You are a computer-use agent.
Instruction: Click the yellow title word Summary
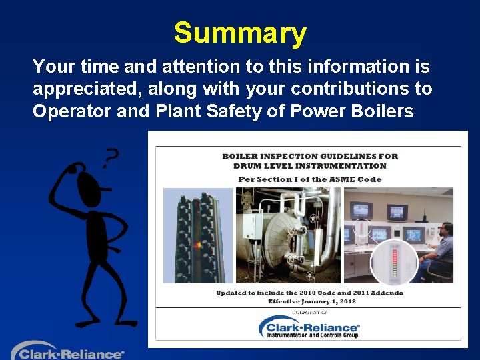(240, 33)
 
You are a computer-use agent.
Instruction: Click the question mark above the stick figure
(111, 158)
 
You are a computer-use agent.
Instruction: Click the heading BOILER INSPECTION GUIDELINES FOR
(310, 157)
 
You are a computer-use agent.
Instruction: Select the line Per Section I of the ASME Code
(310, 179)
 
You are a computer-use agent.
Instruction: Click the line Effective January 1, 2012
(312, 301)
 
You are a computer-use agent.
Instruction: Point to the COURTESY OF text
(310, 312)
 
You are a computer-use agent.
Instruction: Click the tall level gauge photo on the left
(198, 235)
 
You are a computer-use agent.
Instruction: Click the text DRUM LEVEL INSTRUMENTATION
(310, 166)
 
